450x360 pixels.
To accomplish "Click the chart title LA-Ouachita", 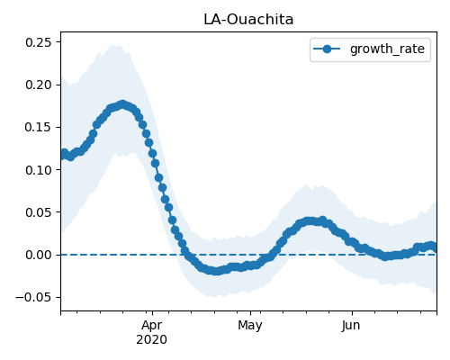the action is (248, 20).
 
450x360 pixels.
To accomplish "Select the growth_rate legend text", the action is (387, 49).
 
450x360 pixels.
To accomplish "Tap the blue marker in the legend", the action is (327, 49).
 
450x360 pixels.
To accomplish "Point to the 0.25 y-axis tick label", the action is (39, 42).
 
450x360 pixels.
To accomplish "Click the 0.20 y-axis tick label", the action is (39, 85).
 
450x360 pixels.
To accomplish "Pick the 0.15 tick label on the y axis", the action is (39, 127).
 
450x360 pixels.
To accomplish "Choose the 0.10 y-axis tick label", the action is (39, 170).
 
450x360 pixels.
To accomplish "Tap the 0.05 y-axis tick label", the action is (39, 212).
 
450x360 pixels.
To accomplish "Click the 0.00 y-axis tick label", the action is (39, 255).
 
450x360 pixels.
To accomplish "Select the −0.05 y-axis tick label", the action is (33, 297).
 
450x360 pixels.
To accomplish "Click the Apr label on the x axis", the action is (152, 326).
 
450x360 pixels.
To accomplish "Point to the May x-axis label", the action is (250, 326).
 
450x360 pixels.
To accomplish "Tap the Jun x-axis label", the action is (351, 326).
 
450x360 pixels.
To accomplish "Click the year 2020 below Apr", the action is (152, 340).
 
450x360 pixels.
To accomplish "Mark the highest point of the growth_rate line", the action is (122, 104).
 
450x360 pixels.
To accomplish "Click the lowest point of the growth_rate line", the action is (216, 271).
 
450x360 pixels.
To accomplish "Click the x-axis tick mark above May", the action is (250, 313).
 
